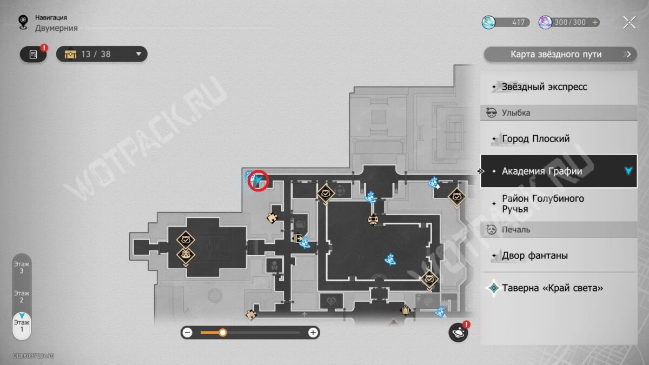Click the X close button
630,22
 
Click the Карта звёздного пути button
560,54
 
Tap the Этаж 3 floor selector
22,267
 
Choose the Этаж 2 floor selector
22,297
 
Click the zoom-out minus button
188,333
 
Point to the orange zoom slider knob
222,333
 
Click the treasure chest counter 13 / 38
102,54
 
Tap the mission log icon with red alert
34,54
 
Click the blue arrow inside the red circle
258,180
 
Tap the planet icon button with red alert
458,332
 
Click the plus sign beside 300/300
595,22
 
